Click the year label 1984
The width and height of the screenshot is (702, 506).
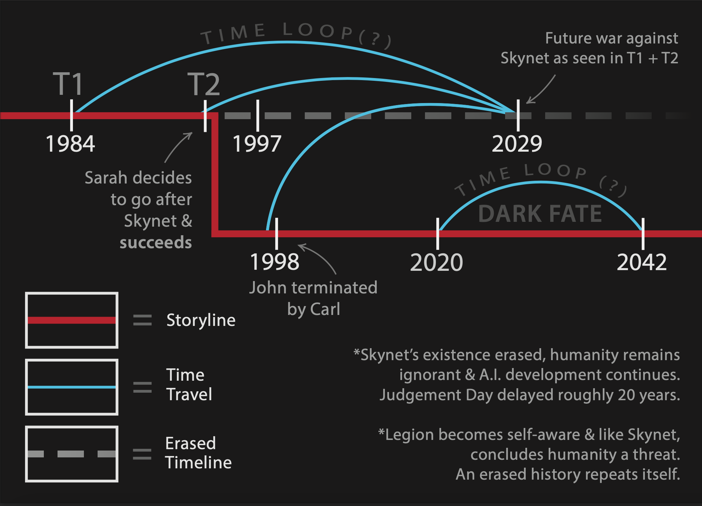tap(70, 144)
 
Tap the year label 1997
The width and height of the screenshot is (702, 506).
tap(257, 144)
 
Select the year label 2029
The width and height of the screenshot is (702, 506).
tap(517, 144)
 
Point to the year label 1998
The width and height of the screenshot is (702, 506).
tap(275, 262)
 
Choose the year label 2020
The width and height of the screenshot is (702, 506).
tap(436, 263)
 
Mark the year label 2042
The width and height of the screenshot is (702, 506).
tap(642, 263)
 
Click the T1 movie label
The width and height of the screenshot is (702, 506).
tap(68, 84)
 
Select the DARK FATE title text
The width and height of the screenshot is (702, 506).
tap(540, 214)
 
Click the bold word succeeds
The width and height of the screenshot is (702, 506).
tap(156, 242)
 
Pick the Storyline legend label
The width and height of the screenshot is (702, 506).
tap(201, 320)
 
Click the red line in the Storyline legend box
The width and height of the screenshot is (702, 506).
tap(72, 320)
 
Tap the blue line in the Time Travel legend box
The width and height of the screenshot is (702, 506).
tap(72, 387)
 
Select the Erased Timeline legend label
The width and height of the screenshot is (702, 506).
tap(198, 453)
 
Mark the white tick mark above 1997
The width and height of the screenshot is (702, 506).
tap(258, 115)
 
